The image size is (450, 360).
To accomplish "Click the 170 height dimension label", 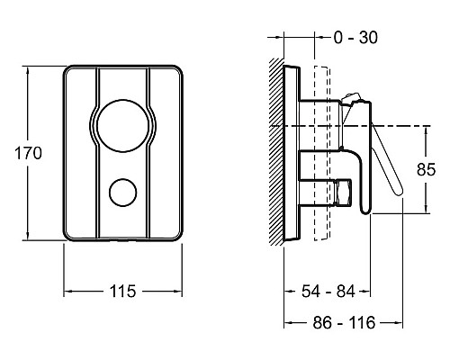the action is pyautogui.click(x=29, y=153).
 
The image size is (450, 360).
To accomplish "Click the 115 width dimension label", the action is pyautogui.click(x=122, y=291).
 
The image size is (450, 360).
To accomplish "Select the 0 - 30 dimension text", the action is pyautogui.click(x=355, y=38).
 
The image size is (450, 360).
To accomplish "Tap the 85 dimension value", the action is pyautogui.click(x=426, y=169).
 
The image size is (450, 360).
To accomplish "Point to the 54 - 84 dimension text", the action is pyautogui.click(x=328, y=291).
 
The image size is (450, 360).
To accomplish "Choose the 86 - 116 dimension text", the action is pyautogui.click(x=344, y=323).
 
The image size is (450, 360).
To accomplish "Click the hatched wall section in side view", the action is pyautogui.click(x=276, y=151).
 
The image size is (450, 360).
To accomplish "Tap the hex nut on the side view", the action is pyautogui.click(x=343, y=193).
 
